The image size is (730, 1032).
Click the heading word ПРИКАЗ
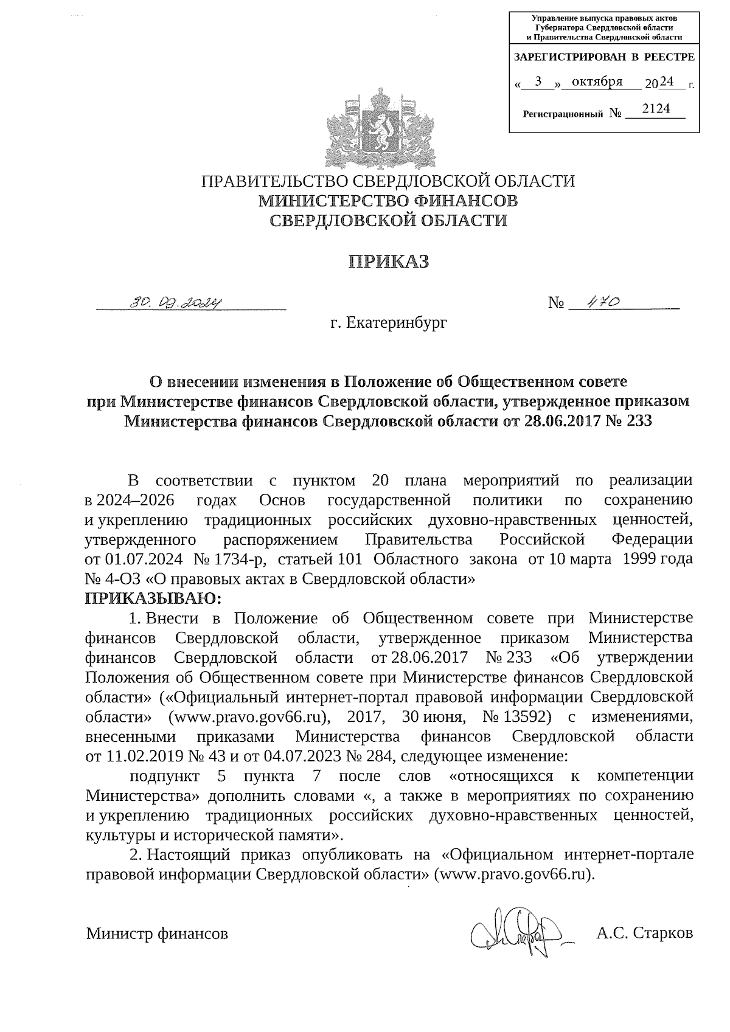(x=388, y=261)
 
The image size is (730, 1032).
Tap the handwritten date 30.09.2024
(x=177, y=302)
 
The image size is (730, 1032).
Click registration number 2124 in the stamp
(x=655, y=109)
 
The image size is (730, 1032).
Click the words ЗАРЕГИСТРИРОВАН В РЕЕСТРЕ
(x=603, y=57)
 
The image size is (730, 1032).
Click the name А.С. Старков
(x=644, y=932)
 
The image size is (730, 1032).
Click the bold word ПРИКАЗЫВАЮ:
(x=154, y=598)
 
